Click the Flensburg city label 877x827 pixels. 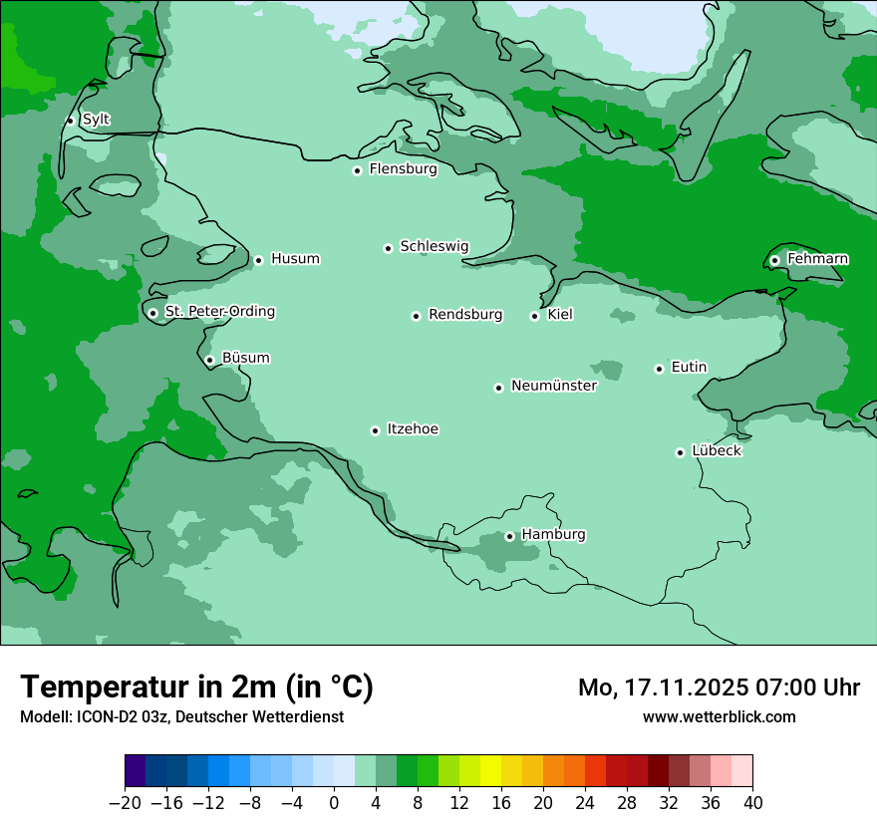[x=403, y=169]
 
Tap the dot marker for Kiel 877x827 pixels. [x=535, y=317]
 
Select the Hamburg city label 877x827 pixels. [x=553, y=535]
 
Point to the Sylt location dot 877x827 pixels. [x=70, y=121]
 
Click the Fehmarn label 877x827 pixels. [x=817, y=259]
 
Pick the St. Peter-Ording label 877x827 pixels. [x=219, y=312]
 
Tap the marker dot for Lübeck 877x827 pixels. [x=680, y=452]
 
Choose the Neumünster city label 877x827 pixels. [x=553, y=386]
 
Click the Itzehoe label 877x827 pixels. [x=413, y=429]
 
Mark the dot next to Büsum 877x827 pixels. [x=209, y=361]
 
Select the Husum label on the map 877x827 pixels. [x=295, y=259]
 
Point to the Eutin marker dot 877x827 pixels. [x=659, y=369]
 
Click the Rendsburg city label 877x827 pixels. [x=464, y=315]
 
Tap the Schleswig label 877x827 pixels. [x=434, y=247]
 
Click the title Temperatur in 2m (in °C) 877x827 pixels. [x=196, y=687]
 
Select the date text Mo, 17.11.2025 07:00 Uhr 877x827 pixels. [x=719, y=688]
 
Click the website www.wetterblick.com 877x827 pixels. [x=719, y=716]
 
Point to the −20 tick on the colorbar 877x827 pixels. [x=125, y=803]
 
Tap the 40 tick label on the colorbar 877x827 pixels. [x=752, y=803]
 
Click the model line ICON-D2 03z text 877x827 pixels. [x=181, y=716]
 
